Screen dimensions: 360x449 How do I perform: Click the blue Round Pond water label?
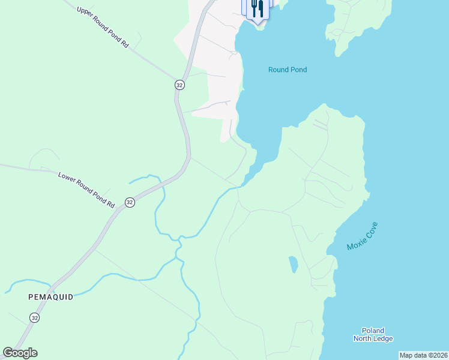coord(287,70)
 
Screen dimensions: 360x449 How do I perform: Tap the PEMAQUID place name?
coord(50,297)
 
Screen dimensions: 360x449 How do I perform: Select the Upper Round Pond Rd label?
coord(103,27)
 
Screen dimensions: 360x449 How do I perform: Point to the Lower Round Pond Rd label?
coord(86,190)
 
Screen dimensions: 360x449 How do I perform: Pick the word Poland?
coord(373,331)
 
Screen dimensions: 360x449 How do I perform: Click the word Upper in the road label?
coord(84,13)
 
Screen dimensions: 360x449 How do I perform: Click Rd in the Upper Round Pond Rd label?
coord(125,43)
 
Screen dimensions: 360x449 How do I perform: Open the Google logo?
coord(20,353)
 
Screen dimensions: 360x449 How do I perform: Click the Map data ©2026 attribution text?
coord(423,355)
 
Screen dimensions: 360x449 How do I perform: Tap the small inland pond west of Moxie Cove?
coord(293,263)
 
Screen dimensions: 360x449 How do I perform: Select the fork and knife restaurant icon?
coord(257,8)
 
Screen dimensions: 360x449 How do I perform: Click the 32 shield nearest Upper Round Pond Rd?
coord(179,85)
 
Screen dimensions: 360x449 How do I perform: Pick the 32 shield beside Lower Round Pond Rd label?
coord(130,203)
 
